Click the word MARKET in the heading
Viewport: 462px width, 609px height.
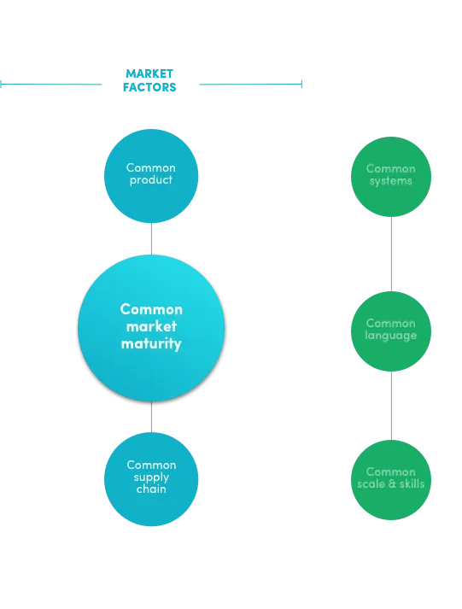tap(149, 73)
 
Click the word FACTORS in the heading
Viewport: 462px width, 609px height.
tap(149, 87)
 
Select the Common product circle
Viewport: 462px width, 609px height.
tap(151, 176)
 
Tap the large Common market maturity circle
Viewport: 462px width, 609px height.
tap(151, 328)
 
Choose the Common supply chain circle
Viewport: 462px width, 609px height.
tap(151, 479)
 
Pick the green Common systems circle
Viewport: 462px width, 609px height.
tap(391, 177)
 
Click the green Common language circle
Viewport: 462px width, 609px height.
tap(391, 331)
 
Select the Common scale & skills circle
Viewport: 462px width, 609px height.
tap(391, 480)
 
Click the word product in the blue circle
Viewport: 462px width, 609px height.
tap(150, 180)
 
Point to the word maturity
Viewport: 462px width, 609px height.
tap(151, 344)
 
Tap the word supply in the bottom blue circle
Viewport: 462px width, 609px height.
tap(151, 477)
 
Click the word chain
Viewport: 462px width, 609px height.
tap(151, 489)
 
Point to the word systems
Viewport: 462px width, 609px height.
tap(390, 181)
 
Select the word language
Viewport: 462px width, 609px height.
tap(390, 336)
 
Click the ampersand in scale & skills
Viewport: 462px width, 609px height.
tap(392, 484)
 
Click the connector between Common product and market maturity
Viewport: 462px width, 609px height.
tap(151, 239)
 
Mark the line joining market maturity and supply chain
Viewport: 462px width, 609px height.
tap(151, 417)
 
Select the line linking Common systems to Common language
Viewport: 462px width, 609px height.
tap(391, 254)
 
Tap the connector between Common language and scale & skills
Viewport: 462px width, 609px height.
tap(391, 406)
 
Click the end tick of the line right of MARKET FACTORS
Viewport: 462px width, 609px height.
tap(301, 84)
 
